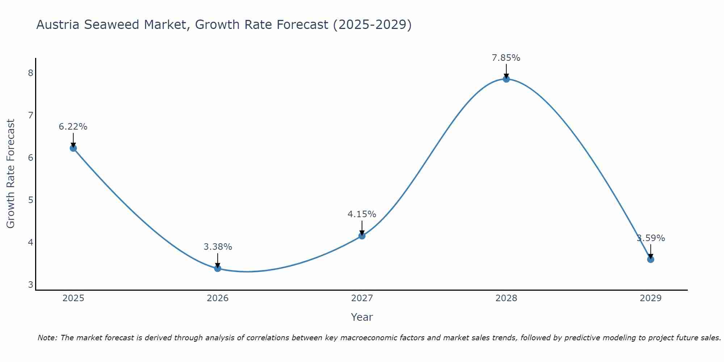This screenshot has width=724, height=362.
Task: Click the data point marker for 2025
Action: pos(73,148)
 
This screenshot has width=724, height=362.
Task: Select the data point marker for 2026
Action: pos(218,268)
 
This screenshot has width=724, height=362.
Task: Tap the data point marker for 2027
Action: pos(362,236)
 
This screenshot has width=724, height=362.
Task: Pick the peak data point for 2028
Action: pos(506,79)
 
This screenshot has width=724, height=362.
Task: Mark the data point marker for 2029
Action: pos(651,259)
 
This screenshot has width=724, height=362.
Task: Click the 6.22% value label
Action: pos(73,127)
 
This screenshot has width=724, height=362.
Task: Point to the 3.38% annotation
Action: pos(218,247)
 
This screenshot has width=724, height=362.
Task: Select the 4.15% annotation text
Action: pos(362,214)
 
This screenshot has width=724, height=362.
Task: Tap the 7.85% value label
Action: pos(506,58)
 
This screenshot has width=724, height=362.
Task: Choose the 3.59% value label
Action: pos(651,238)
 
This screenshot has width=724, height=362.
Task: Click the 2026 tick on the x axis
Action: pos(218,298)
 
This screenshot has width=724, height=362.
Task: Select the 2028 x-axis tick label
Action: pos(506,298)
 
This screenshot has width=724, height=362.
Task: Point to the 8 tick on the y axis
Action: pos(30,73)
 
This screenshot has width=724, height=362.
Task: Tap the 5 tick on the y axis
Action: pos(30,200)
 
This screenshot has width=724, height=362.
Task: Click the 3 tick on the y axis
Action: pos(30,285)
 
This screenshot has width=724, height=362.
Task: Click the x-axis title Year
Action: pos(362,317)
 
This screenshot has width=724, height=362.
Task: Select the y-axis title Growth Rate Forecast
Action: pos(11,173)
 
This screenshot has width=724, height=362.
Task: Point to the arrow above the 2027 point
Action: pos(362,228)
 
